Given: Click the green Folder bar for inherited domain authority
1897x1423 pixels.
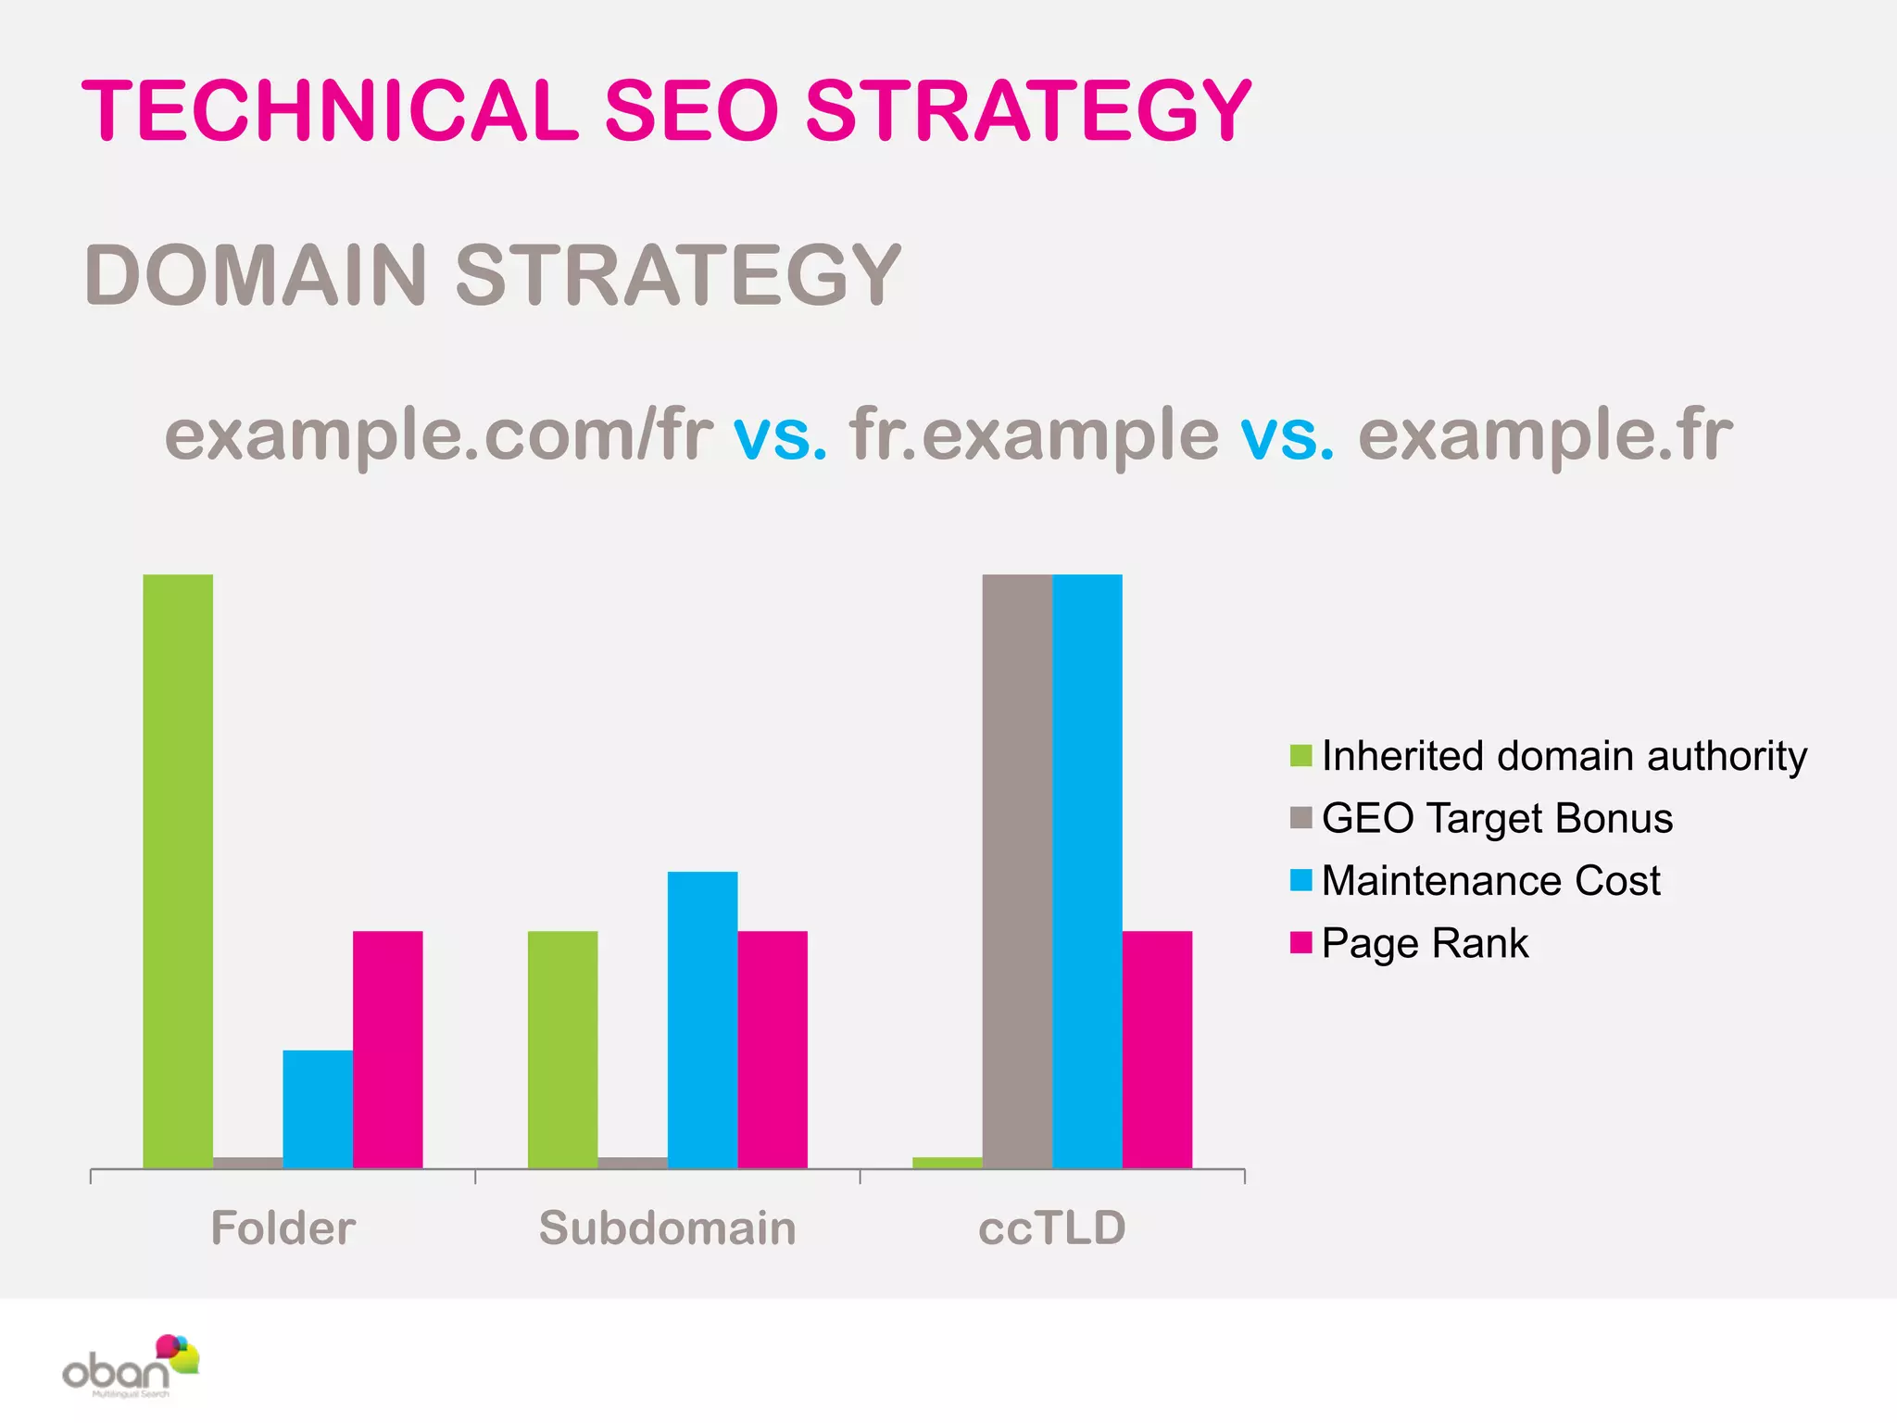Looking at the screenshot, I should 178,871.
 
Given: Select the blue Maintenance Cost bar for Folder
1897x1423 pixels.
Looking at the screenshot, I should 318,1108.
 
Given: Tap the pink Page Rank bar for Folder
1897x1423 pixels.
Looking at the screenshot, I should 387,1049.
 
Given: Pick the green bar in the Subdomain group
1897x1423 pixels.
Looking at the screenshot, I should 562,1049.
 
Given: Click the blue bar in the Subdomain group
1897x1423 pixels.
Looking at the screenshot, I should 702,1019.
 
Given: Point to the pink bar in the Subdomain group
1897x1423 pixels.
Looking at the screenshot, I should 773,1049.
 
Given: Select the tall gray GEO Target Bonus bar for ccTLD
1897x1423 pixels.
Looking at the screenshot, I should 1017,871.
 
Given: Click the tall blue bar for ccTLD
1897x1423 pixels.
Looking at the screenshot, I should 1087,871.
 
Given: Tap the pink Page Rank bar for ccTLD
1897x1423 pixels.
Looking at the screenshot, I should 1157,1049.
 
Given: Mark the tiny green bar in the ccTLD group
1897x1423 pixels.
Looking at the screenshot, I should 947,1163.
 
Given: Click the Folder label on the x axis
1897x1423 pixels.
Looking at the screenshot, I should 283,1228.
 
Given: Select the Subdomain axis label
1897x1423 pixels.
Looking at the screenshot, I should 667,1228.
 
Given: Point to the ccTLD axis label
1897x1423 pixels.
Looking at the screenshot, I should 1052,1228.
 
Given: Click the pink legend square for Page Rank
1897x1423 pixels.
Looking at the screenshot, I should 1300,943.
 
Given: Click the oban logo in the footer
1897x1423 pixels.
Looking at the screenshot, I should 130,1366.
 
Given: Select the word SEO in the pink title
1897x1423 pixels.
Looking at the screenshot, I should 691,111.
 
